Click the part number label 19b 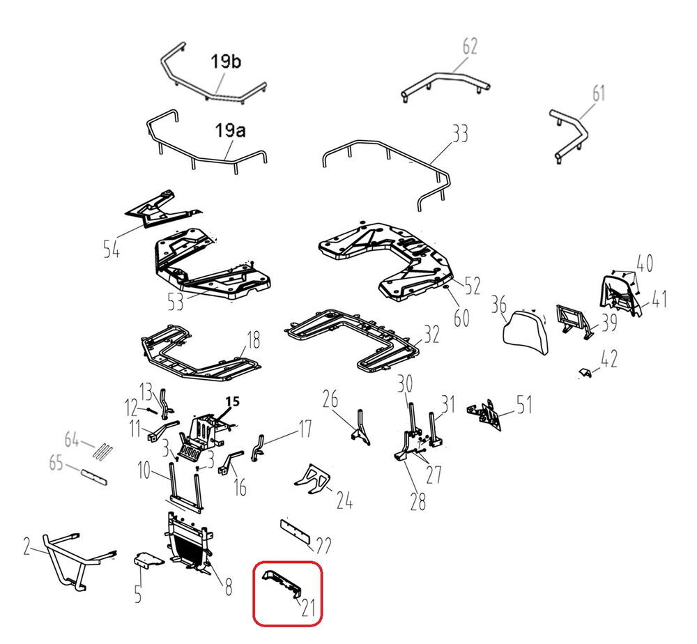click(x=226, y=61)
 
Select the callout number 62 click(x=470, y=46)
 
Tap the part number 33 click(x=460, y=133)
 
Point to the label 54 click(x=112, y=248)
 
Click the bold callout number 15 click(x=233, y=401)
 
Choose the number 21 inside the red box click(x=308, y=608)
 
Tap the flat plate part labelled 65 click(x=94, y=477)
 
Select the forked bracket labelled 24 click(x=312, y=479)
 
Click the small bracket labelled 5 click(x=148, y=559)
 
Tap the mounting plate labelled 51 click(x=484, y=415)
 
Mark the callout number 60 click(x=461, y=318)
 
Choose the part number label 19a click(x=230, y=130)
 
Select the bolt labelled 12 click(x=151, y=409)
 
